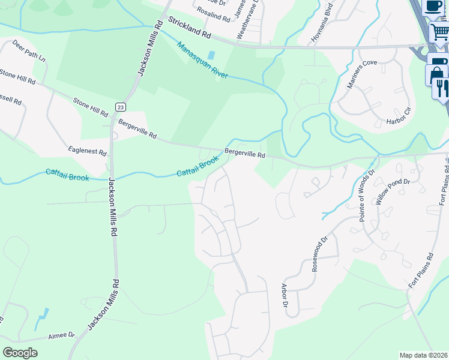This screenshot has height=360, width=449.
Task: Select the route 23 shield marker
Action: [x=121, y=107]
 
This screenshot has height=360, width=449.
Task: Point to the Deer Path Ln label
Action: [x=29, y=52]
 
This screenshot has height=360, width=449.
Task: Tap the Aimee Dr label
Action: [x=62, y=335]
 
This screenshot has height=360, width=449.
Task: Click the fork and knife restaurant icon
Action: [x=442, y=88]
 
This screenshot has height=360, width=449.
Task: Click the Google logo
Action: [x=20, y=353]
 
